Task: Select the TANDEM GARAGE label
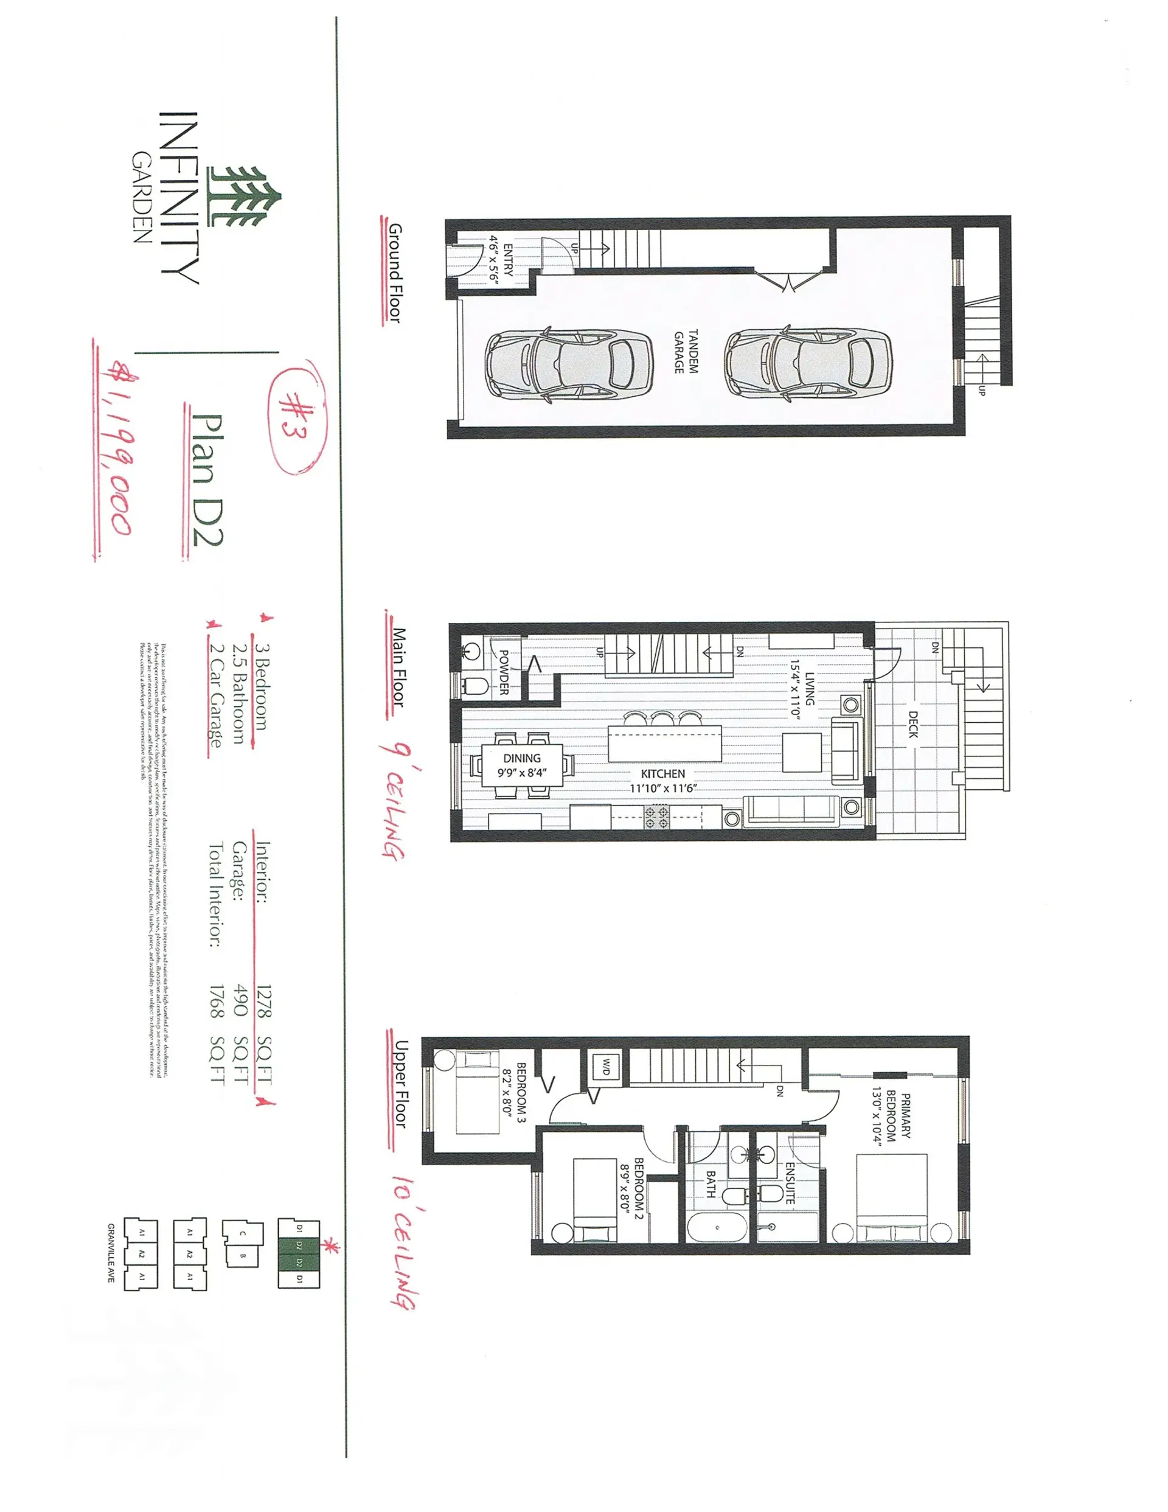click(686, 351)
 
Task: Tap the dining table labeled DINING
click(522, 765)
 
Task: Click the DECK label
click(913, 724)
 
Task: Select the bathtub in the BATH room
click(717, 1227)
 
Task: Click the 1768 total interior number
click(217, 1002)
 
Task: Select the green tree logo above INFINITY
click(246, 197)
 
